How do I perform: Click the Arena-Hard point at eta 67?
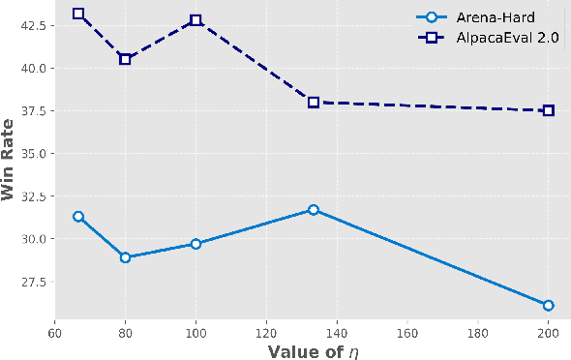coord(78,217)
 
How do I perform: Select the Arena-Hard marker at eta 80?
coord(125,257)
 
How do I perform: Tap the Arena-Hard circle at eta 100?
coord(195,244)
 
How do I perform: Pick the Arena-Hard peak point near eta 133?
coord(314,210)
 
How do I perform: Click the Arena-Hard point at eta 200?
coord(549,305)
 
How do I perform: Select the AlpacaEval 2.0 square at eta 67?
coord(78,15)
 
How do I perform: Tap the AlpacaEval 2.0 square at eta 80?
coord(125,59)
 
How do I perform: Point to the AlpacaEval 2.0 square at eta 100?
coord(195,20)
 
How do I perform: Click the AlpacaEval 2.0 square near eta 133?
coord(314,102)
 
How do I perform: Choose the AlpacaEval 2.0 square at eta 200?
coord(549,110)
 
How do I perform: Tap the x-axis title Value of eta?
coord(313,350)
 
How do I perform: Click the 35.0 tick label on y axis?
coord(30,153)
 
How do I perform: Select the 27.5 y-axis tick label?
coord(30,282)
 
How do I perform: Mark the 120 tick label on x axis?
coord(266,329)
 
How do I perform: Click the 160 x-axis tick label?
coord(407,329)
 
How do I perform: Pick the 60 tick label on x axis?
coord(54,329)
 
